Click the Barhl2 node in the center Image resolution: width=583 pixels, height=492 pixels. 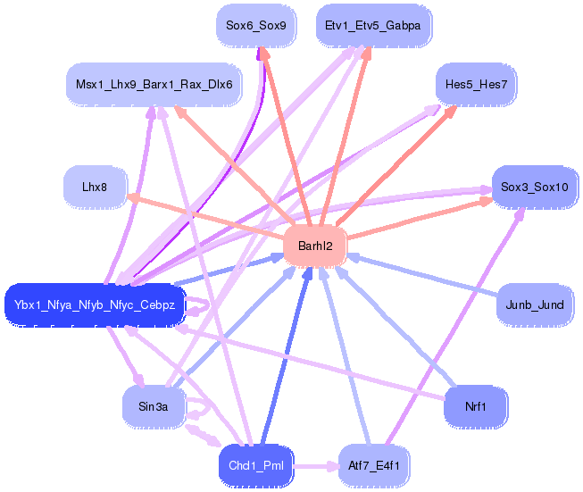click(315, 246)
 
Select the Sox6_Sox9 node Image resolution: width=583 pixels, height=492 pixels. click(256, 25)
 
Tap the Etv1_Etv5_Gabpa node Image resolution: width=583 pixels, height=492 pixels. click(373, 25)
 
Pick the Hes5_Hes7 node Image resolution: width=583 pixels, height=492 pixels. click(476, 85)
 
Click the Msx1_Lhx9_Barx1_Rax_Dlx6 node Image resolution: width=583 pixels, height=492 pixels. click(154, 85)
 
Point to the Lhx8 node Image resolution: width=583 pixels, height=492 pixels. click(95, 187)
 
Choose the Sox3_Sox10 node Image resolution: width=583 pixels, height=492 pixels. click(535, 187)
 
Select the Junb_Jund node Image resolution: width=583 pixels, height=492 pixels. click(535, 305)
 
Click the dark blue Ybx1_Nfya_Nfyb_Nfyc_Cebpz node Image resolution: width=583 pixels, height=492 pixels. click(95, 305)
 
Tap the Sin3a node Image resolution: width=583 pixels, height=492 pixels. click(154, 406)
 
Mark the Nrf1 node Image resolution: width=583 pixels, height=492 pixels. click(476, 406)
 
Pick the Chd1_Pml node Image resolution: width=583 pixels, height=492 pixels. click(256, 465)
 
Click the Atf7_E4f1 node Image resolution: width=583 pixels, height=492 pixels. click(374, 465)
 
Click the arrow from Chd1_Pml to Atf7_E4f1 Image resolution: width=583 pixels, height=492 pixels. click(316, 465)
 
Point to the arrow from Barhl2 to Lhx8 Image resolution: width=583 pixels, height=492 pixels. click(205, 216)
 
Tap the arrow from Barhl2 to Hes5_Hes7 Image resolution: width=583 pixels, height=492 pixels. click(396, 165)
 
